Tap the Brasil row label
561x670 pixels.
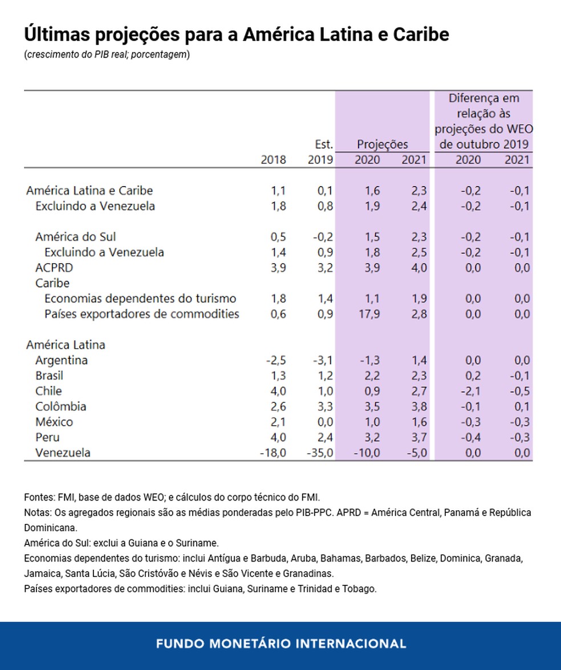coord(49,376)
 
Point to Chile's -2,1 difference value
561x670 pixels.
coord(469,391)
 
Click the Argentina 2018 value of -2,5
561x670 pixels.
coord(275,361)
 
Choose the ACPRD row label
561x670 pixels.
coord(54,268)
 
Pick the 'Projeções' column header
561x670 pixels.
coord(382,144)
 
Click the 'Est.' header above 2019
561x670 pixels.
coord(324,144)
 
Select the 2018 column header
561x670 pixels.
coord(273,160)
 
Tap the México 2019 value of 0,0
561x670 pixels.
coord(324,422)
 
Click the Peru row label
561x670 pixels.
coord(47,438)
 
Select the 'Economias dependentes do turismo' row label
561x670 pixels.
coord(140,298)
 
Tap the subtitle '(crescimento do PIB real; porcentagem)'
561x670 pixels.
coord(107,55)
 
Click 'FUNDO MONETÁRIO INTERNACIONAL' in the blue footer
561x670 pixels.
coord(280,644)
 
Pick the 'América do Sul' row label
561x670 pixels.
coord(76,237)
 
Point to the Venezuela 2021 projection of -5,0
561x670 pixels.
coord(414,453)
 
